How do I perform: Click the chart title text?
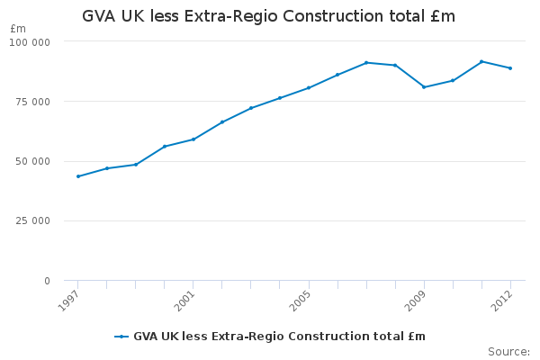[x=268, y=16]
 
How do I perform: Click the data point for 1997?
[x=78, y=176]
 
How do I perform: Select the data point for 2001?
[x=193, y=139]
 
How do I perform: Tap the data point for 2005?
[x=309, y=87]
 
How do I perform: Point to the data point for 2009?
[x=424, y=87]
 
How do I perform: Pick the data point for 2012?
[x=510, y=68]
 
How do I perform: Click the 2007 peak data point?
[x=366, y=62]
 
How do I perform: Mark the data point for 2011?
[x=481, y=61]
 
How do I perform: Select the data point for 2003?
[x=251, y=108]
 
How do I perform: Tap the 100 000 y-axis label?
[x=32, y=42]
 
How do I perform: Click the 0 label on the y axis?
[x=47, y=281]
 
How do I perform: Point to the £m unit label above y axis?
[x=18, y=29]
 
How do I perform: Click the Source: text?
[x=508, y=351]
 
